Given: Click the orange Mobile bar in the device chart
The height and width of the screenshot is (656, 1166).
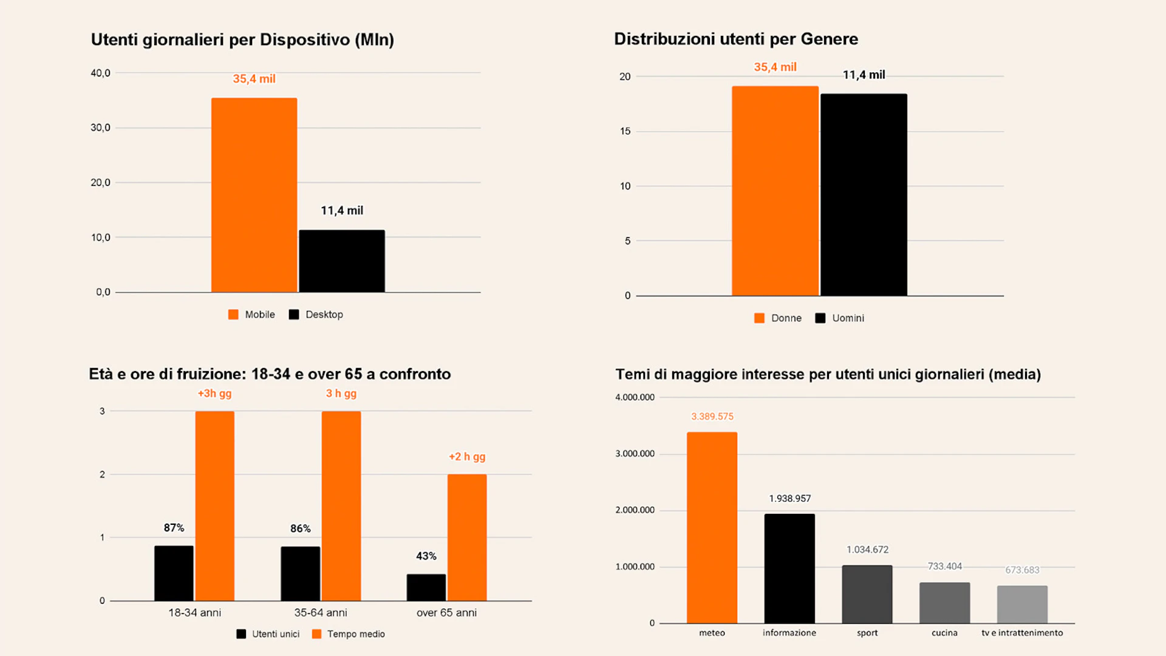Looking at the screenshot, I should pyautogui.click(x=254, y=194).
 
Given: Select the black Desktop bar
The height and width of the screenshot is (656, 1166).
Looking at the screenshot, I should pyautogui.click(x=342, y=261).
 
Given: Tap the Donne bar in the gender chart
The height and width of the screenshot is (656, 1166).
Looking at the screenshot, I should pyautogui.click(x=775, y=191).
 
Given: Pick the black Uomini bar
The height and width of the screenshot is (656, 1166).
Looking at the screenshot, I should pyautogui.click(x=864, y=194).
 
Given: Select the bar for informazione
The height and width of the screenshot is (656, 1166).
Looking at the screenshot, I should pyautogui.click(x=789, y=568).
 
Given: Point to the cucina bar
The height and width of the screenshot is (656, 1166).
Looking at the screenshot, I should pyautogui.click(x=944, y=603).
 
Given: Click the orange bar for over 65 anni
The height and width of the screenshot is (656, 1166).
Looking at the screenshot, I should pyautogui.click(x=467, y=537).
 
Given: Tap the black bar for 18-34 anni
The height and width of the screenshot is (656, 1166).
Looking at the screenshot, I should pyautogui.click(x=174, y=573).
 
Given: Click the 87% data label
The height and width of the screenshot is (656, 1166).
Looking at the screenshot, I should pyautogui.click(x=174, y=528).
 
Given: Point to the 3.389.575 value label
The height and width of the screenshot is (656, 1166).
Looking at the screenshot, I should pyautogui.click(x=712, y=417).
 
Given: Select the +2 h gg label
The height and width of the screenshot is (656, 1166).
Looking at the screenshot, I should pyautogui.click(x=467, y=457).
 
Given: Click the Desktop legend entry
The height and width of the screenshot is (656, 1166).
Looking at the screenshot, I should pyautogui.click(x=316, y=315).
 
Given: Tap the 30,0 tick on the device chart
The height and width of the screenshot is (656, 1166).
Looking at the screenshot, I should pyautogui.click(x=101, y=128).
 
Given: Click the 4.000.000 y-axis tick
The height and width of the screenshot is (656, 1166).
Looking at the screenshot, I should pyautogui.click(x=635, y=397).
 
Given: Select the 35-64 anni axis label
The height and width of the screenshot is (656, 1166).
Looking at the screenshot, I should pyautogui.click(x=321, y=613).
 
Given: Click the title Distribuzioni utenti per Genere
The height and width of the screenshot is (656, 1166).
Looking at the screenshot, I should pyautogui.click(x=736, y=39).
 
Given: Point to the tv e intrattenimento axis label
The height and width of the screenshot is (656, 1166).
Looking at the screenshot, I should pyautogui.click(x=1022, y=633).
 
